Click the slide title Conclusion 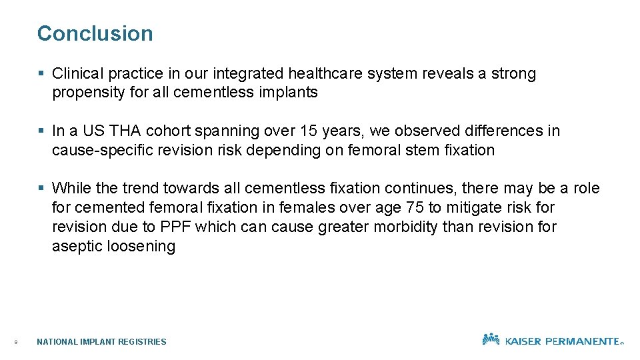pos(95,33)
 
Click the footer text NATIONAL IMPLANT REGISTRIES pos(101,342)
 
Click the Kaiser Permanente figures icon pos(491,339)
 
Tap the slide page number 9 pos(15,343)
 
